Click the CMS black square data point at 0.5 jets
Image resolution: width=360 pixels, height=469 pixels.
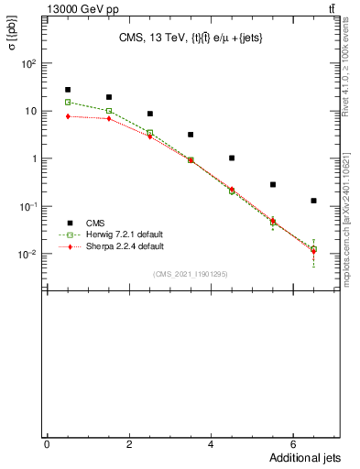pos(68,90)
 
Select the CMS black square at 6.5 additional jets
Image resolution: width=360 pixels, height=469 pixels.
pos(313,201)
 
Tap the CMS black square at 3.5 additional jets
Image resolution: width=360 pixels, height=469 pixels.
pos(191,135)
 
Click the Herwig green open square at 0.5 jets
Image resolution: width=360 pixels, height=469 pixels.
pos(68,103)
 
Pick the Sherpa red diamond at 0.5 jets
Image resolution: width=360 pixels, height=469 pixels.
pos(68,116)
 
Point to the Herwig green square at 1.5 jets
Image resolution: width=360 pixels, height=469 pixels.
pos(109,111)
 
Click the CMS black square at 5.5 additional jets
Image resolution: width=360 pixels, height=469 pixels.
pos(273,184)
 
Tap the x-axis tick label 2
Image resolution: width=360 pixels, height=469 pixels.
pos(128,444)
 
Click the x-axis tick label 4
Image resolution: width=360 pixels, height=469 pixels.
pos(211,444)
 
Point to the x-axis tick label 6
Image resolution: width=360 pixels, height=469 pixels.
pos(293,444)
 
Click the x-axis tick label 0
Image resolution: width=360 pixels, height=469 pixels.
pos(47,444)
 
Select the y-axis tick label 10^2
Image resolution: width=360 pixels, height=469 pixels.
pos(29,64)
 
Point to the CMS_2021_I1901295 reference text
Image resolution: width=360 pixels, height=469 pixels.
pos(190,274)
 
